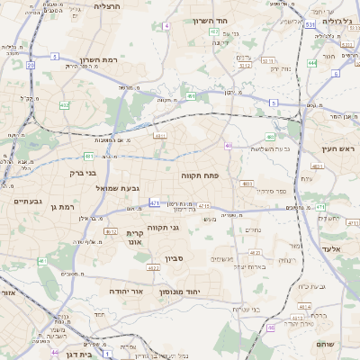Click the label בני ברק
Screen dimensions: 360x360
pos(82,173)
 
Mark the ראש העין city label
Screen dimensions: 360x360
pos(339,148)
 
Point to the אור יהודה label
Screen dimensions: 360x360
pos(125,292)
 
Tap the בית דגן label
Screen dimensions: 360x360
pos(80,355)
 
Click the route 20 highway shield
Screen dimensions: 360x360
pos(31,65)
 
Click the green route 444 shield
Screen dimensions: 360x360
pos(311,63)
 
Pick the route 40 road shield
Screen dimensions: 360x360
pos(229,146)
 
